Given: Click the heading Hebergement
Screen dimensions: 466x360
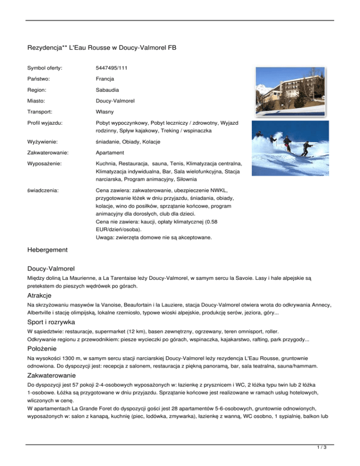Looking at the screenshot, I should coord(48,250).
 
